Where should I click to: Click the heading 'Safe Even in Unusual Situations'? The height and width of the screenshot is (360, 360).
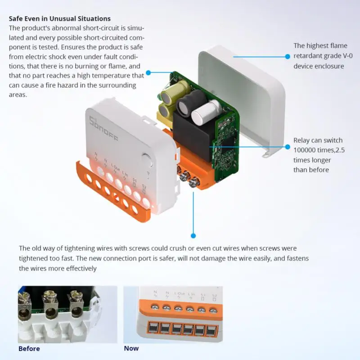[x=59, y=19]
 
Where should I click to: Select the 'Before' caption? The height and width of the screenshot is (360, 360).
[x=29, y=349]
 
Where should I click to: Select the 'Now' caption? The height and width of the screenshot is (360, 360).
[x=131, y=348]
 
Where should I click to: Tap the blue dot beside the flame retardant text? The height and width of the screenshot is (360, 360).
[x=288, y=56]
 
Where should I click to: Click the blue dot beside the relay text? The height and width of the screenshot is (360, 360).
[x=288, y=146]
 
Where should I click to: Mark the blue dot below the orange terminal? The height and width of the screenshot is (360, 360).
[x=193, y=235]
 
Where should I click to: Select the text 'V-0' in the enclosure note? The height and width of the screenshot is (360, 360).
[x=348, y=56]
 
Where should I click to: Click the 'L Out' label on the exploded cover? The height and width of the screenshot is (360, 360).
[x=115, y=169]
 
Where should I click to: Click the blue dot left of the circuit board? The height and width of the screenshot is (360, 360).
[x=148, y=72]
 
